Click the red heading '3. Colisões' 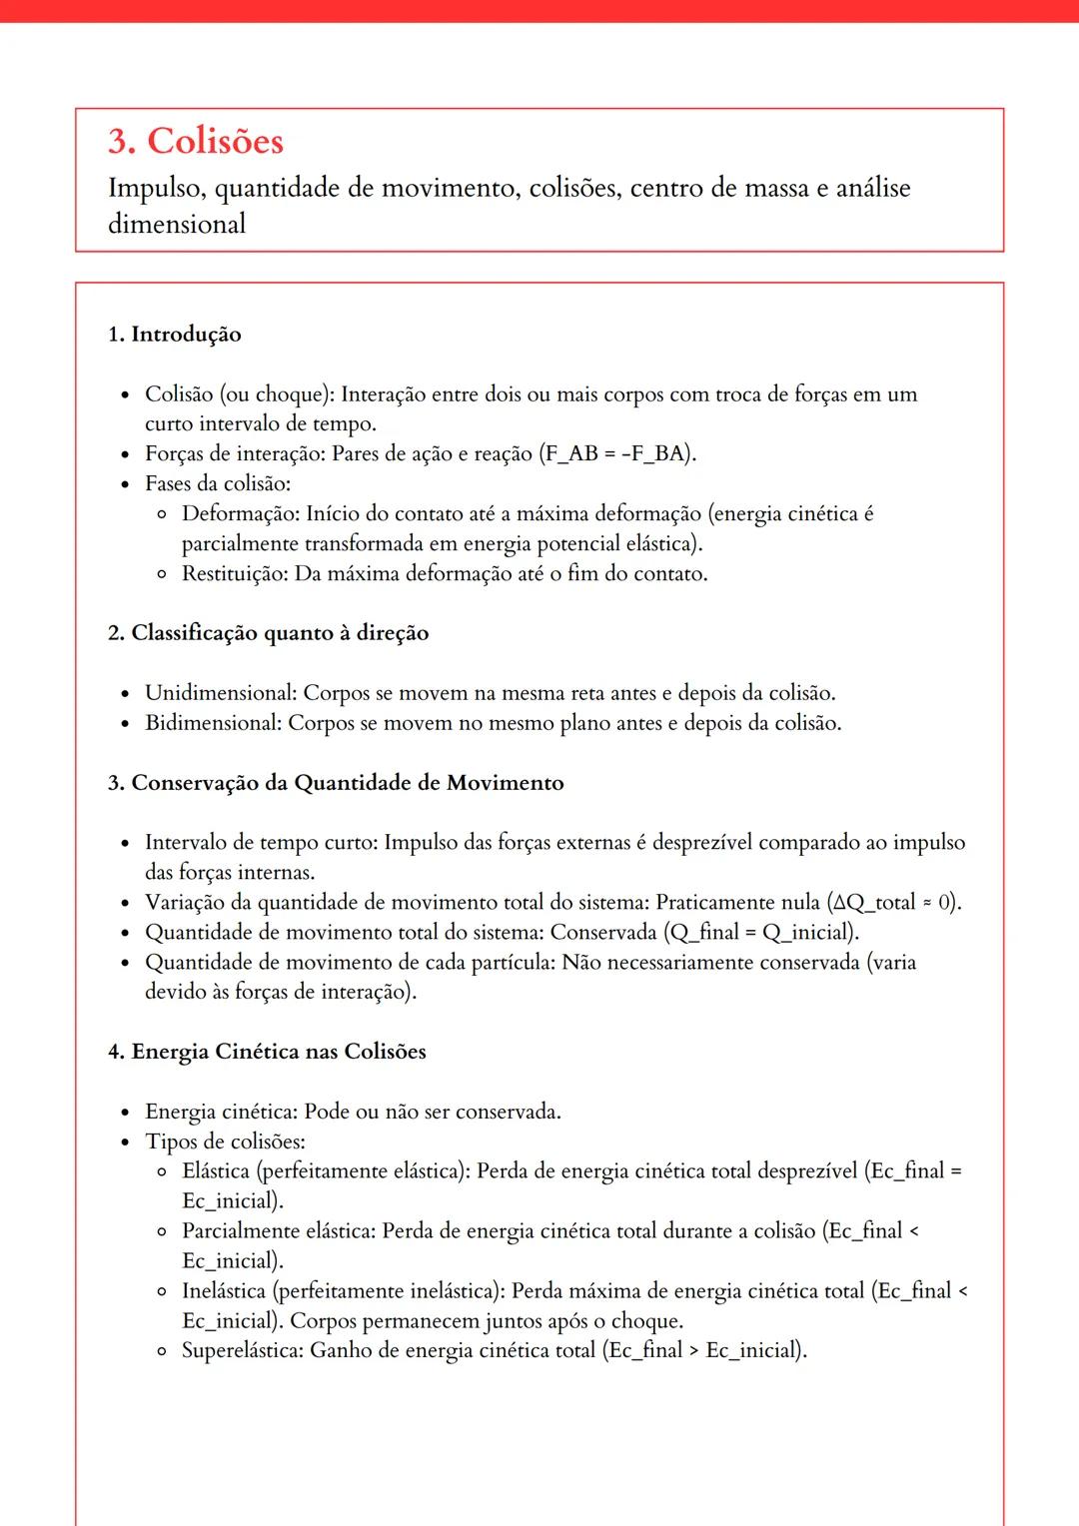click(196, 141)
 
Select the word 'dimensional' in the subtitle click(177, 224)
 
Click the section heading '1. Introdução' click(175, 334)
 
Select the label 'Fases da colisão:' click(218, 483)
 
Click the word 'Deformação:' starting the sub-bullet click(241, 513)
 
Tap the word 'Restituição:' click(235, 573)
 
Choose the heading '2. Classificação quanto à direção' click(269, 633)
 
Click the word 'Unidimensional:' click(221, 693)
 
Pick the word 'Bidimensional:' click(214, 723)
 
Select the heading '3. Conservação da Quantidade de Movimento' click(336, 783)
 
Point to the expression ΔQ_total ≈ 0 click(892, 903)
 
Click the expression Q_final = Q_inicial click(760, 933)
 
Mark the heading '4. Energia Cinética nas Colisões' click(267, 1052)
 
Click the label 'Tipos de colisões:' click(225, 1142)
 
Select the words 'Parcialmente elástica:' click(279, 1231)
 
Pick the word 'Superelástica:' click(243, 1351)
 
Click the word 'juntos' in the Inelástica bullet click(516, 1321)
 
